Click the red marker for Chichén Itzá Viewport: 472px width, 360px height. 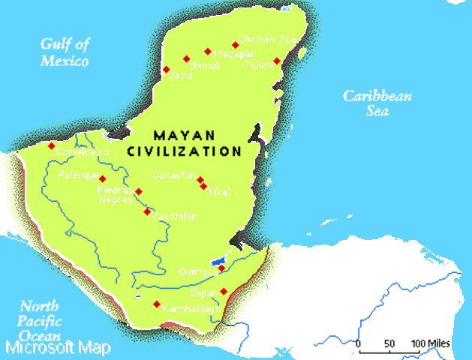[235, 45]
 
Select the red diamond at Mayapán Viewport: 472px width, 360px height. [208, 51]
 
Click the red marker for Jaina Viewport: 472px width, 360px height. [167, 70]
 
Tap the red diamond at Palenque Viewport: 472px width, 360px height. [103, 178]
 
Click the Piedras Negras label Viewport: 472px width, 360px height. [115, 195]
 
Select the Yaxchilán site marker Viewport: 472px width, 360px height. [147, 211]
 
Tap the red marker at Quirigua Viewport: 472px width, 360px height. [221, 268]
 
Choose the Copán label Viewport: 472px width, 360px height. [203, 292]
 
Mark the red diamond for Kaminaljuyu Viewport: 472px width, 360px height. [156, 304]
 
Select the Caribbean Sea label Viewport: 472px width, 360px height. [377, 103]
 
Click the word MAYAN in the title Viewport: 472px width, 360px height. [185, 136]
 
